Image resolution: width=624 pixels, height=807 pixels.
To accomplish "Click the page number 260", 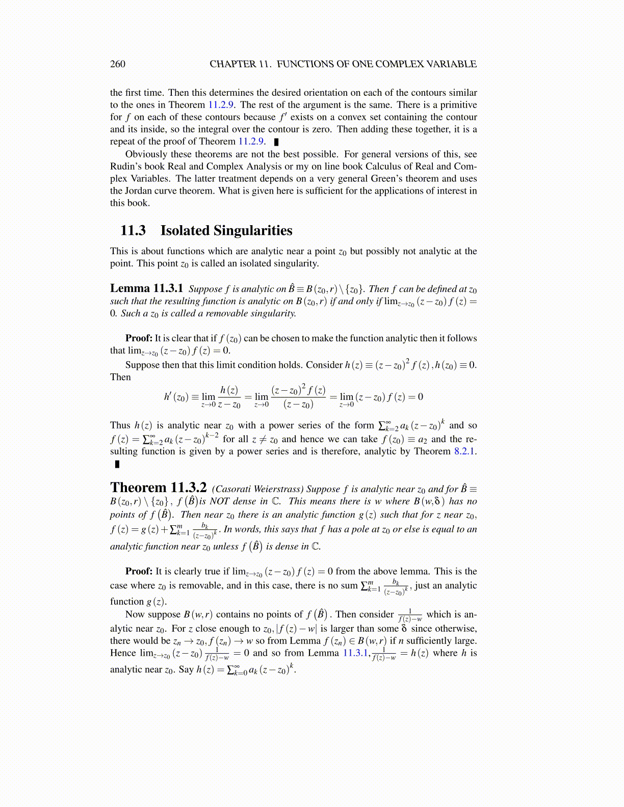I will pyautogui.click(x=118, y=64).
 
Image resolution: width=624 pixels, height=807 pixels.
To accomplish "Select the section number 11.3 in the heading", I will pyautogui.click(x=133, y=230).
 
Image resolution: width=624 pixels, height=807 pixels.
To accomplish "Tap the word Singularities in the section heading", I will pyautogui.click(x=252, y=230).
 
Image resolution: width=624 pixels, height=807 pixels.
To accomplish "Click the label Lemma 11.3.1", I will pyautogui.click(x=147, y=288).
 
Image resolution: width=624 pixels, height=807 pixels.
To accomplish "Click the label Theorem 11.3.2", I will pyautogui.click(x=159, y=488).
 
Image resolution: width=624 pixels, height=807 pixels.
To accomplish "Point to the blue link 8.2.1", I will pyautogui.click(x=464, y=451).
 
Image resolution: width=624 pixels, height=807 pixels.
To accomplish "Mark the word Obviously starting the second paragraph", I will pyautogui.click(x=146, y=154).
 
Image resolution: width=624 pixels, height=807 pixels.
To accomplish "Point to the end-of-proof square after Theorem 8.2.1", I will pyautogui.click(x=117, y=464).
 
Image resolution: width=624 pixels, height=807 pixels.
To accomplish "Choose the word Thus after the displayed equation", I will pyautogui.click(x=120, y=425).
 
